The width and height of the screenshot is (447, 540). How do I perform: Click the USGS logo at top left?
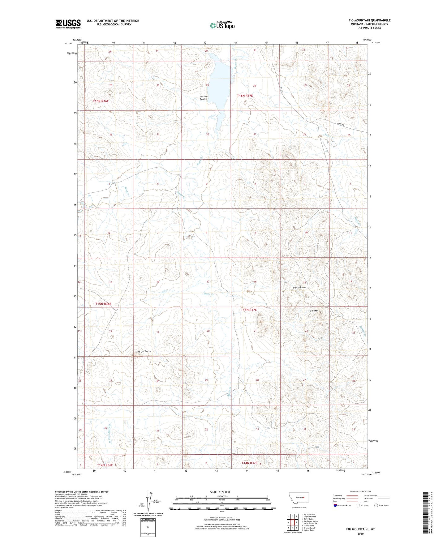point(68,24)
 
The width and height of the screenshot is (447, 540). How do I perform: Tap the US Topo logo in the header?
point(222,25)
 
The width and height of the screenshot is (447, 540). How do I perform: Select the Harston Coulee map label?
point(204,98)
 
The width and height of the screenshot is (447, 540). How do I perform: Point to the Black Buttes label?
point(299,287)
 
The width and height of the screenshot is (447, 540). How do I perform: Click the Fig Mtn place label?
point(314,311)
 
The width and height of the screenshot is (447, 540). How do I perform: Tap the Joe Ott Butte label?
point(144,351)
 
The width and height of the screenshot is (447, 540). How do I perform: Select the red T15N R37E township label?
point(249,310)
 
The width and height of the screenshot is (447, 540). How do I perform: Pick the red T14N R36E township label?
point(105,465)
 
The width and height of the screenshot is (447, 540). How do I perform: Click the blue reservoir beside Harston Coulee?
point(221,90)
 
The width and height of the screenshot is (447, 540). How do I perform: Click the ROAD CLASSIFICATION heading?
point(360,491)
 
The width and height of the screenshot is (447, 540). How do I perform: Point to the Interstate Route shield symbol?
point(335,505)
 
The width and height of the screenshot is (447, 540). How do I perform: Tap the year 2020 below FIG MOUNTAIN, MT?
point(360,534)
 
